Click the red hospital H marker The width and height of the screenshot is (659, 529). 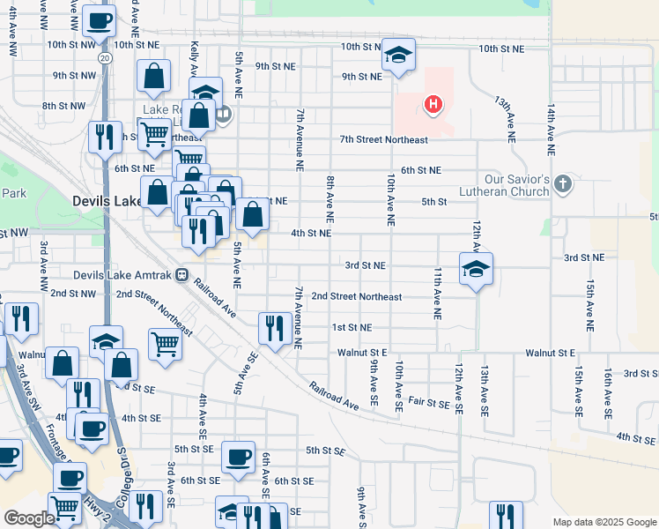tap(433, 106)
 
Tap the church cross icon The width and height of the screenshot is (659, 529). tap(564, 185)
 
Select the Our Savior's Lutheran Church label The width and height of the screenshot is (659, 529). tap(504, 185)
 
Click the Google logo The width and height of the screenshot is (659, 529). tap(28, 518)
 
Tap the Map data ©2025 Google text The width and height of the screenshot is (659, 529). tap(604, 522)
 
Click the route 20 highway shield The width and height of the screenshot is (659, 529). tap(105, 57)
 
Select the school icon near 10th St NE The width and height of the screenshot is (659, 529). tap(398, 56)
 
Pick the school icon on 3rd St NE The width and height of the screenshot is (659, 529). tap(476, 269)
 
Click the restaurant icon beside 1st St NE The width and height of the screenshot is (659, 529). tap(275, 329)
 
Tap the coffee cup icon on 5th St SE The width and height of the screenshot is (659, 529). tap(238, 457)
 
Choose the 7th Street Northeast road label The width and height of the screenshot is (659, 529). tap(384, 140)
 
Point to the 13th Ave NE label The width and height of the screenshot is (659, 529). tap(506, 120)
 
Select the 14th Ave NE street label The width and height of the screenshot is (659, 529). tap(551, 130)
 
